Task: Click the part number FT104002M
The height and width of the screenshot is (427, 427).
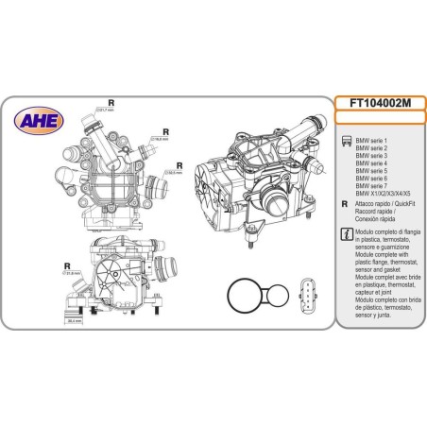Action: (379, 104)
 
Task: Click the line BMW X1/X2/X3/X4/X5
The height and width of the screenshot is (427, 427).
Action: (383, 192)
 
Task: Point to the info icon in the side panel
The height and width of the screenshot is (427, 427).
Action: (345, 233)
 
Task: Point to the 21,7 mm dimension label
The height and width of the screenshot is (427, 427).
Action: (108, 110)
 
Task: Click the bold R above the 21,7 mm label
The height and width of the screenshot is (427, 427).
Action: (111, 101)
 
